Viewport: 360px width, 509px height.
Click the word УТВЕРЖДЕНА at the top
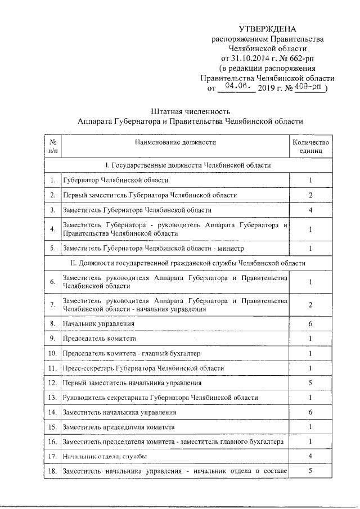267,29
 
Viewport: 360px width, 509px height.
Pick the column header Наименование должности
175,142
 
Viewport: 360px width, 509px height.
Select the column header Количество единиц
310,146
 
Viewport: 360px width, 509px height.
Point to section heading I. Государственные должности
188,165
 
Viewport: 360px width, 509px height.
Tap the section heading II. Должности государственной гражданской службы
188,263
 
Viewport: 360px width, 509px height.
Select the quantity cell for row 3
310,210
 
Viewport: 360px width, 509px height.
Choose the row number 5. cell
52,248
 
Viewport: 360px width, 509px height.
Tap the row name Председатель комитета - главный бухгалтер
131,353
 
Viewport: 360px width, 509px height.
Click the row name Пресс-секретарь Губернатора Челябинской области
143,368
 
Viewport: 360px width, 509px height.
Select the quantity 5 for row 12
310,383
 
